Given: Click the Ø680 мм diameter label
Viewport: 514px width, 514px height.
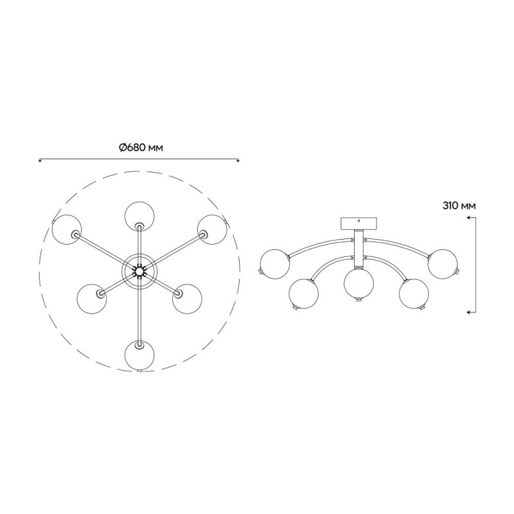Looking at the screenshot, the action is pyautogui.click(x=140, y=148).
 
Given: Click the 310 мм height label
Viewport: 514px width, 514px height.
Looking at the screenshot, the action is pyautogui.click(x=459, y=206).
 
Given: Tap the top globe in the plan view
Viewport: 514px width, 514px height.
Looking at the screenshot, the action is pyautogui.click(x=139, y=216).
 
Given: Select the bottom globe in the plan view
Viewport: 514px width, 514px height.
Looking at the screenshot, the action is pyautogui.click(x=139, y=356).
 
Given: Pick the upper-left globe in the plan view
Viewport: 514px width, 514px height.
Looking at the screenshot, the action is pyautogui.click(x=67, y=229).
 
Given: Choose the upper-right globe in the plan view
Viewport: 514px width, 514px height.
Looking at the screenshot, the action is pyautogui.click(x=212, y=229).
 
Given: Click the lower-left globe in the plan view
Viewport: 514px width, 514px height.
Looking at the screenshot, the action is pyautogui.click(x=92, y=299).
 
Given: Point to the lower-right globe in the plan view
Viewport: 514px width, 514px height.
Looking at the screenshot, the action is pyautogui.click(x=187, y=299).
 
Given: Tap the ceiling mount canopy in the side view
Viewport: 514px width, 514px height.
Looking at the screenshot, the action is pyautogui.click(x=359, y=223).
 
